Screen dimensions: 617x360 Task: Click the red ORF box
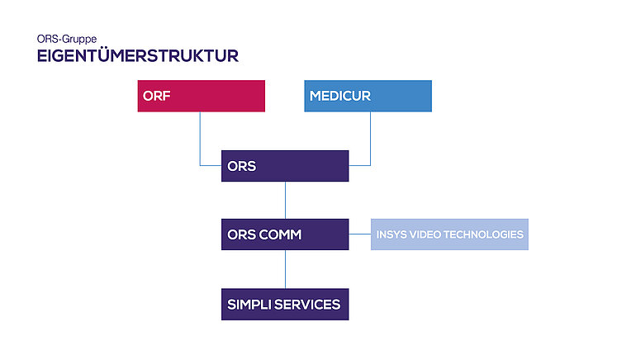201,96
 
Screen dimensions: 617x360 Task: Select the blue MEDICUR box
368,96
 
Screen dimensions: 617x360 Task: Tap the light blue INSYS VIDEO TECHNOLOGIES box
449,234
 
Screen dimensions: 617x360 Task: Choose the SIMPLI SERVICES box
285,304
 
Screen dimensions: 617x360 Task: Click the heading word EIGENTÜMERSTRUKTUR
138,55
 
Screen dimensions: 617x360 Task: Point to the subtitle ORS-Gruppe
67,39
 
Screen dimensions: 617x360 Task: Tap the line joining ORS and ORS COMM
285,201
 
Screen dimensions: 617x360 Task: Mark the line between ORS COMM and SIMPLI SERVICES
285,269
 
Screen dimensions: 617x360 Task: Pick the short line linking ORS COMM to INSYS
359,234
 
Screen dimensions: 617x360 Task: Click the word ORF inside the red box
157,96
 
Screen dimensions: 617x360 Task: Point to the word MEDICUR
340,96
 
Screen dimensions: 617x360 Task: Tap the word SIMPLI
249,305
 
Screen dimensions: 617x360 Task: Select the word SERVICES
307,305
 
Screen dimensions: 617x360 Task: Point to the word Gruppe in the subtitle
79,40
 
